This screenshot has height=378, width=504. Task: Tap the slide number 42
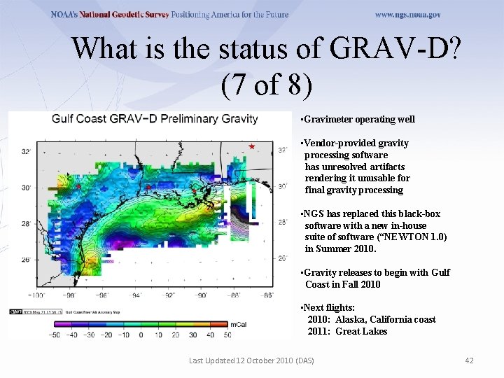pos(469,360)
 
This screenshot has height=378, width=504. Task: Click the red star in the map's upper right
pos(252,146)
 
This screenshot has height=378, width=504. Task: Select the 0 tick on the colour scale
pos(140,335)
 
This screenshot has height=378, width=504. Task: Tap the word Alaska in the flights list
pos(349,320)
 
